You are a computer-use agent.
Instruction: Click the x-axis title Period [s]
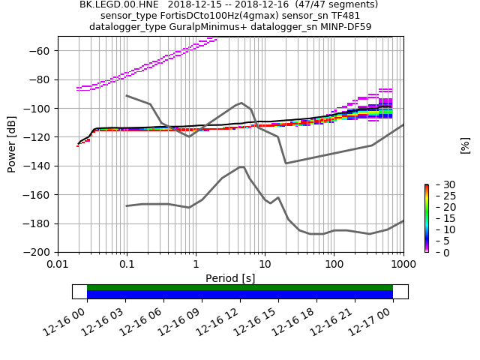pyautogui.click(x=230, y=278)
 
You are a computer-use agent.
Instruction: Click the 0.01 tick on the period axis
pyautogui.click(x=58, y=253)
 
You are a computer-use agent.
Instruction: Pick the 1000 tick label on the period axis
pyautogui.click(x=403, y=264)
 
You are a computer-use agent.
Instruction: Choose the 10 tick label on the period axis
pyautogui.click(x=265, y=264)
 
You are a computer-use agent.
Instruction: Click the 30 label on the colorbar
pyautogui.click(x=440, y=184)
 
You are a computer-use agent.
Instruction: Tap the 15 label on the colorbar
pyautogui.click(x=440, y=218)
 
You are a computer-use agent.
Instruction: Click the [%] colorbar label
pyautogui.click(x=465, y=145)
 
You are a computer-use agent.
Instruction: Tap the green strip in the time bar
pyautogui.click(x=240, y=287)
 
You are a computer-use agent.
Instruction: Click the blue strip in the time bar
pyautogui.click(x=240, y=295)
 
